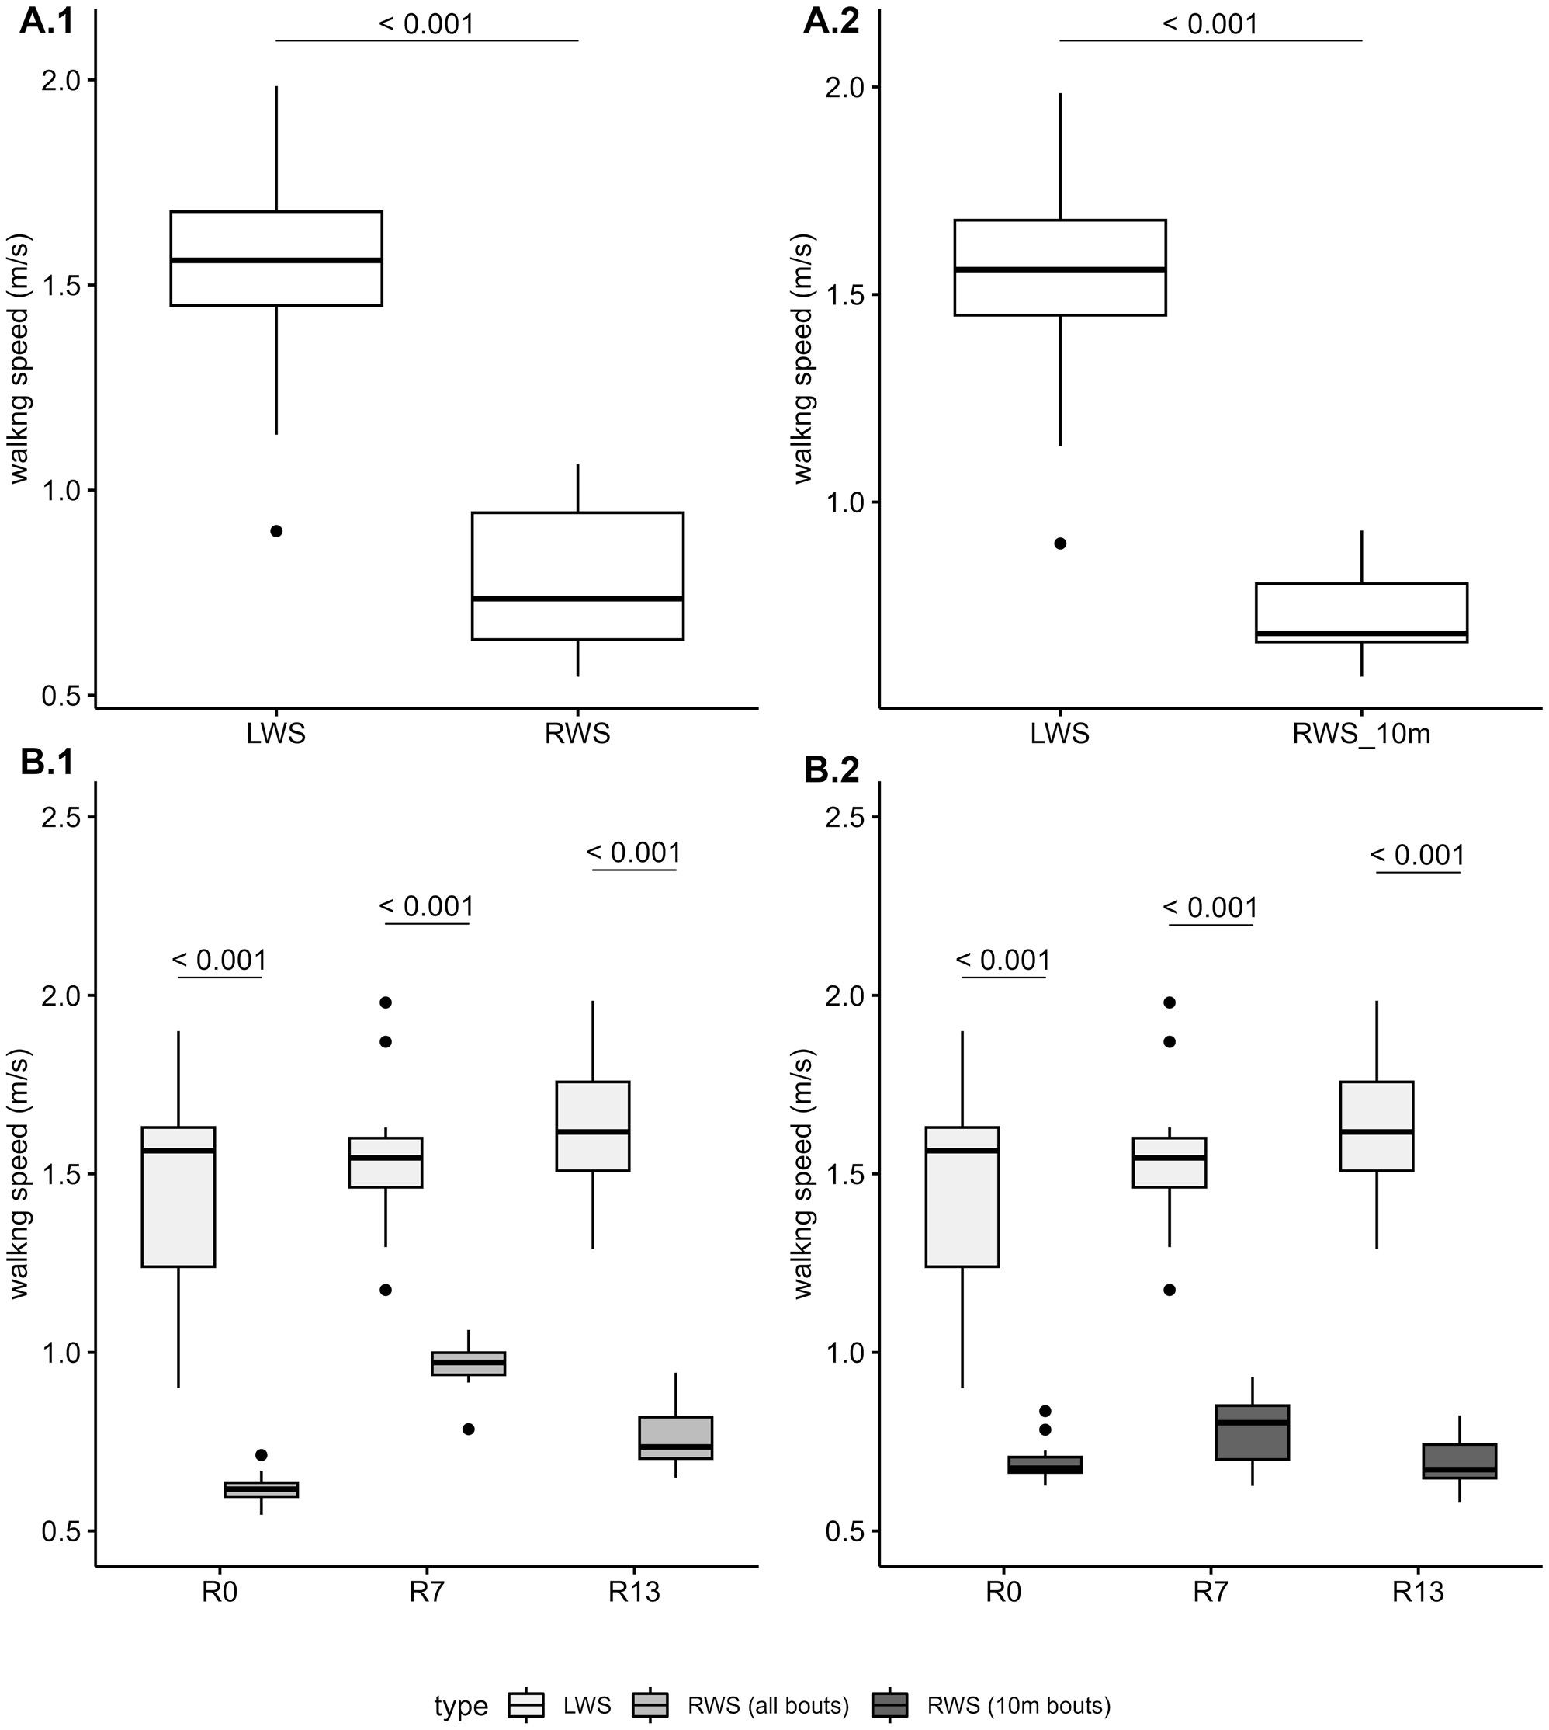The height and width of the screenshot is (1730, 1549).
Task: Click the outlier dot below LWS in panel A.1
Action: (x=275, y=530)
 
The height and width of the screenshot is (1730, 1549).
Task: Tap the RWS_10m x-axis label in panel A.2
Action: (x=1360, y=734)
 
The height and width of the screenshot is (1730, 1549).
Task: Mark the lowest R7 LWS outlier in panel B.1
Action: (x=385, y=1290)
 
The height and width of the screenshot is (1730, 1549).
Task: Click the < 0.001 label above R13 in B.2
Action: (x=1417, y=854)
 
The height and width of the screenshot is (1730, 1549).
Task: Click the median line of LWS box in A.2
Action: (x=1059, y=269)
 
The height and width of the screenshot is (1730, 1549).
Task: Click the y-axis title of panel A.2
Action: (x=802, y=360)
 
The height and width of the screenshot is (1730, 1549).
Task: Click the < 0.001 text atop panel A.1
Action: (x=425, y=23)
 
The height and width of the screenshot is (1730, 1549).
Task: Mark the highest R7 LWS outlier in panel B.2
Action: (x=1169, y=1002)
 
